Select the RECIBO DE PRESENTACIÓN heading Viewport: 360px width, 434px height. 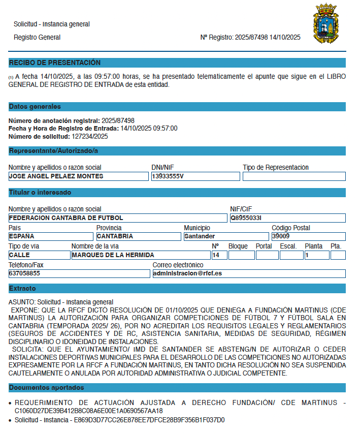pyautogui.click(x=55, y=63)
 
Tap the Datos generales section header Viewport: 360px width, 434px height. pyautogui.click(x=35, y=107)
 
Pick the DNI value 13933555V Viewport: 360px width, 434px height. pyautogui.click(x=195, y=176)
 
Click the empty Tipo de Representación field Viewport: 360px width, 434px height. pyautogui.click(x=293, y=176)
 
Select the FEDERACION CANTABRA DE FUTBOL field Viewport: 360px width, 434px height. pyautogui.click(x=117, y=218)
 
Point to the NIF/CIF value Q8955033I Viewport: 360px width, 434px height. pyautogui.click(x=287, y=218)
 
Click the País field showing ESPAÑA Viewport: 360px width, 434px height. pyautogui.click(x=51, y=236)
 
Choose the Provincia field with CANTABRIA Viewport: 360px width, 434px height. pyautogui.click(x=138, y=236)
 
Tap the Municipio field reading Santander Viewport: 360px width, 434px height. pyautogui.click(x=226, y=236)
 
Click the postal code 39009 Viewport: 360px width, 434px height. pyautogui.click(x=308, y=236)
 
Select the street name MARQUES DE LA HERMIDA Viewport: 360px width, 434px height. pyautogui.click(x=140, y=255)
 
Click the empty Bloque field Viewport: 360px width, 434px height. pyautogui.click(x=241, y=255)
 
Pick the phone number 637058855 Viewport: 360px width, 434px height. pyautogui.click(x=79, y=273)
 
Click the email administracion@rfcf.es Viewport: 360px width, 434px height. pyautogui.click(x=249, y=273)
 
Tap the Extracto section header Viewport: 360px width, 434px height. pyautogui.click(x=22, y=289)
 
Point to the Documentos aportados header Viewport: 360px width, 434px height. pyautogui.click(x=47, y=388)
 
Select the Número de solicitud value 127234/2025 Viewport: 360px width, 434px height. pyautogui.click(x=89, y=136)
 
